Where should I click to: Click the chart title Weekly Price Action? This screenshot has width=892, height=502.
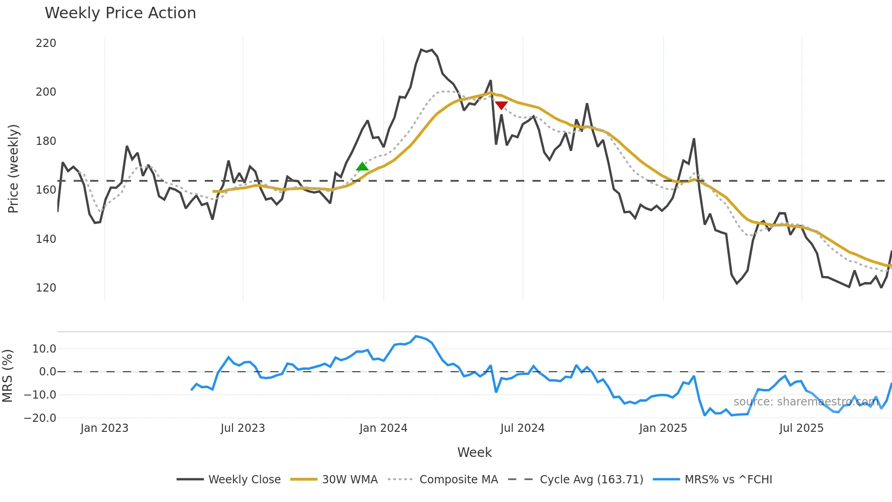click(120, 13)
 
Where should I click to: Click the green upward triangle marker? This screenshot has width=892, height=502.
click(362, 167)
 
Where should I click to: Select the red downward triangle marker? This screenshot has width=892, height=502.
click(501, 106)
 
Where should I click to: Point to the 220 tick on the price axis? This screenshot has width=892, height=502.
click(46, 43)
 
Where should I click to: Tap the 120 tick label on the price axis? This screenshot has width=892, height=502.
click(46, 288)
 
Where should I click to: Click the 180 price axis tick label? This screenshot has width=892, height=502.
click(46, 141)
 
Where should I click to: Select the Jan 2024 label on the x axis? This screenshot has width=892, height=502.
click(383, 428)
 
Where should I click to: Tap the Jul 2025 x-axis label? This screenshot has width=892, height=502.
click(801, 428)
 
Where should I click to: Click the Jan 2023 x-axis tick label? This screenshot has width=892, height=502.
click(104, 428)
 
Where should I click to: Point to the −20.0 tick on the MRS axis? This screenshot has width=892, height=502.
click(40, 418)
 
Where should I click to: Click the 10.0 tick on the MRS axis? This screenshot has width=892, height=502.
click(44, 349)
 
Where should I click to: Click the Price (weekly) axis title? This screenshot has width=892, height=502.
click(13, 169)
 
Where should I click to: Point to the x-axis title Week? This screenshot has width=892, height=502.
click(474, 452)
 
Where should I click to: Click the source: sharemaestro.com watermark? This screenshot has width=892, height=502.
click(806, 402)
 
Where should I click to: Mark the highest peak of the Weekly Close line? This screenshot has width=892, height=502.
click(421, 49)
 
